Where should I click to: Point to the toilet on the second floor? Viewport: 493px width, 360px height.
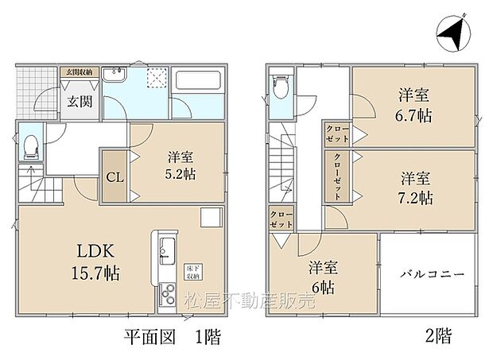280,86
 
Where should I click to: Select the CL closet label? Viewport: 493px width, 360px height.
115,177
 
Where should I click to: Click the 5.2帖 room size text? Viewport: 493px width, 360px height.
182,175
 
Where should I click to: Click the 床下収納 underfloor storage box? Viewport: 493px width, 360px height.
193,271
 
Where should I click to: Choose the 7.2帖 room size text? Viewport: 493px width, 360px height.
415,195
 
